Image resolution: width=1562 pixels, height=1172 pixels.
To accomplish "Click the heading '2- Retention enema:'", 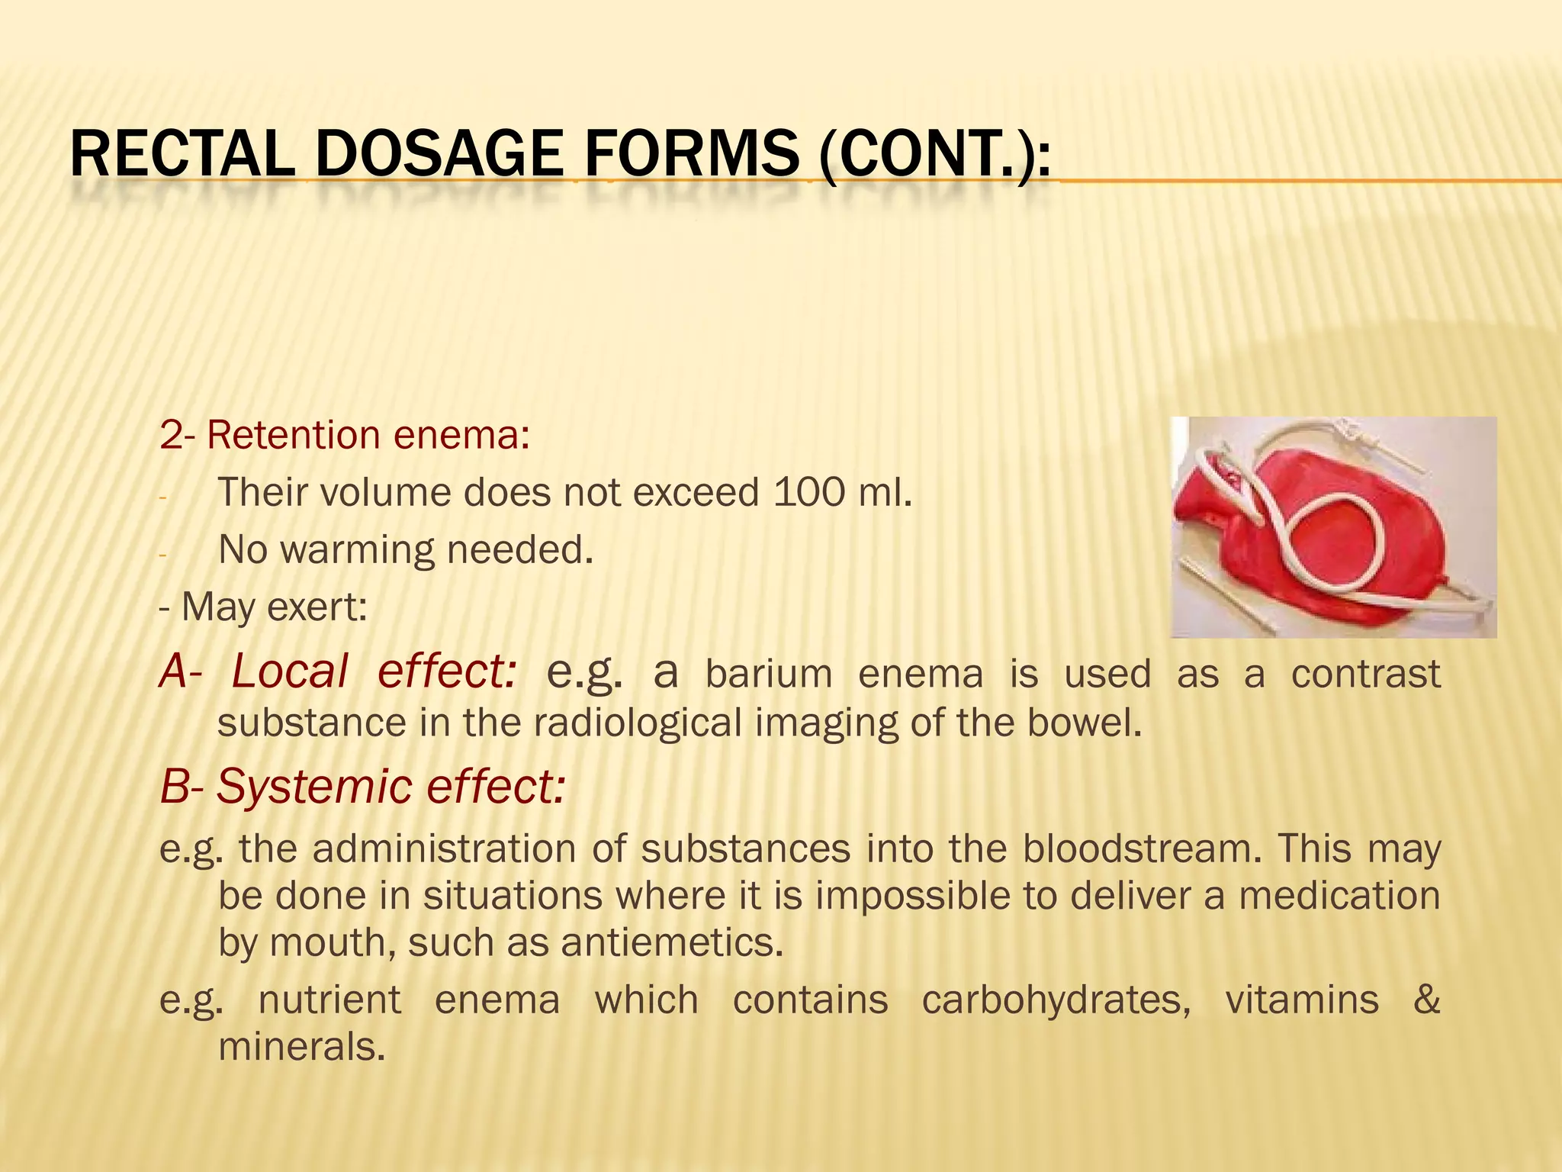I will click(x=344, y=436).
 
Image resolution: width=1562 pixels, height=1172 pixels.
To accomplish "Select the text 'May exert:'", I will click(x=273, y=608).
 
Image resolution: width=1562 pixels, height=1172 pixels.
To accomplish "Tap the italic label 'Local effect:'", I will click(x=374, y=672).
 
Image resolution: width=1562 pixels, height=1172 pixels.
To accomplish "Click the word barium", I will click(x=768, y=675).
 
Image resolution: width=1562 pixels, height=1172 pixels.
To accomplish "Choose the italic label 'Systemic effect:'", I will click(x=390, y=787).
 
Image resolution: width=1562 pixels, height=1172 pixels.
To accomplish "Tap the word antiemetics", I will click(x=672, y=943).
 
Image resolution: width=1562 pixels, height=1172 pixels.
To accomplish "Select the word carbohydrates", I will click(x=1056, y=1000).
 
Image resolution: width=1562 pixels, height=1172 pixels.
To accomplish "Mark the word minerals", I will click(x=301, y=1047).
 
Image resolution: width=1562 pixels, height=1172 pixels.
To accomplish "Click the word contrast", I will click(x=1365, y=675).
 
